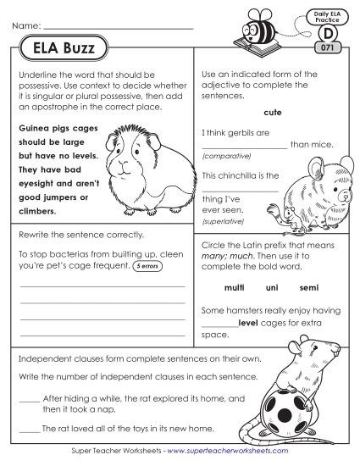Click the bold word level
248,323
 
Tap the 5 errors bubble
148,265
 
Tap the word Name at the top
26,28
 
